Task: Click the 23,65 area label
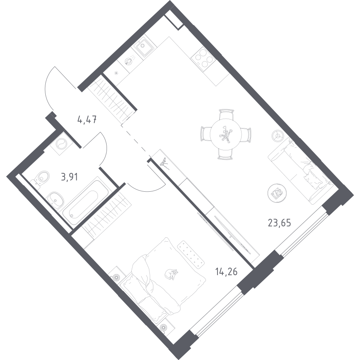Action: click(279, 223)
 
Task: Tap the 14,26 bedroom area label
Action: click(226, 272)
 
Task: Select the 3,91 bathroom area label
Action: click(69, 177)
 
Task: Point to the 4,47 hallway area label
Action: click(87, 120)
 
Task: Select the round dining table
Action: click(226, 135)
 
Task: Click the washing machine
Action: click(61, 144)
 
